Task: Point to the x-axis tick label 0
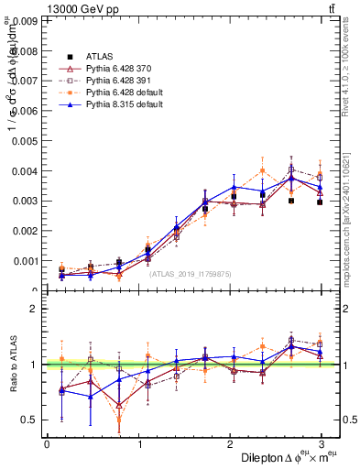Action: pyautogui.click(x=47, y=445)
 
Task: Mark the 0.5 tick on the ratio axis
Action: pyautogui.click(x=29, y=420)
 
